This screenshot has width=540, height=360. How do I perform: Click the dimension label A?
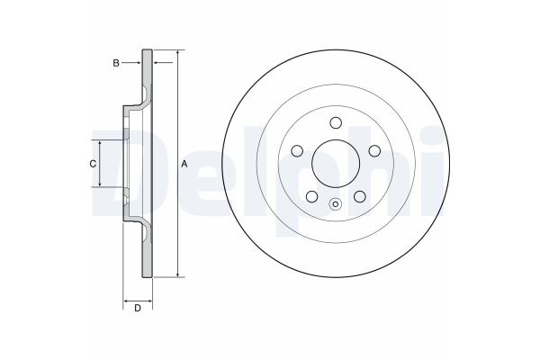point(185,164)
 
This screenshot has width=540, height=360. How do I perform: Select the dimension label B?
point(115,62)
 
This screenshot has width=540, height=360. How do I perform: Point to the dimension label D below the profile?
point(137,310)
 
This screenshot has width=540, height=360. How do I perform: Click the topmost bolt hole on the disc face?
point(335,123)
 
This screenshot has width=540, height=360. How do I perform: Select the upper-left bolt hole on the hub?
point(296,151)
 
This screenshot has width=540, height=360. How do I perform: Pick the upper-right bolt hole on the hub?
point(373,151)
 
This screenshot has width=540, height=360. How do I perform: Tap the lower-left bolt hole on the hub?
point(310,196)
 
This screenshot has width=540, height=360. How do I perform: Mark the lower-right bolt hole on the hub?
point(359,196)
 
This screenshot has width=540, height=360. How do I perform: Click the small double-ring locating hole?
point(335,203)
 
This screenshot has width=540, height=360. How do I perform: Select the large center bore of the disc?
point(335,164)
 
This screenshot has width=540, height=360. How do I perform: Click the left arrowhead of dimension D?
point(126,299)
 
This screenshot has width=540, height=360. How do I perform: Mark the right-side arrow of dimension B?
point(157,62)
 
